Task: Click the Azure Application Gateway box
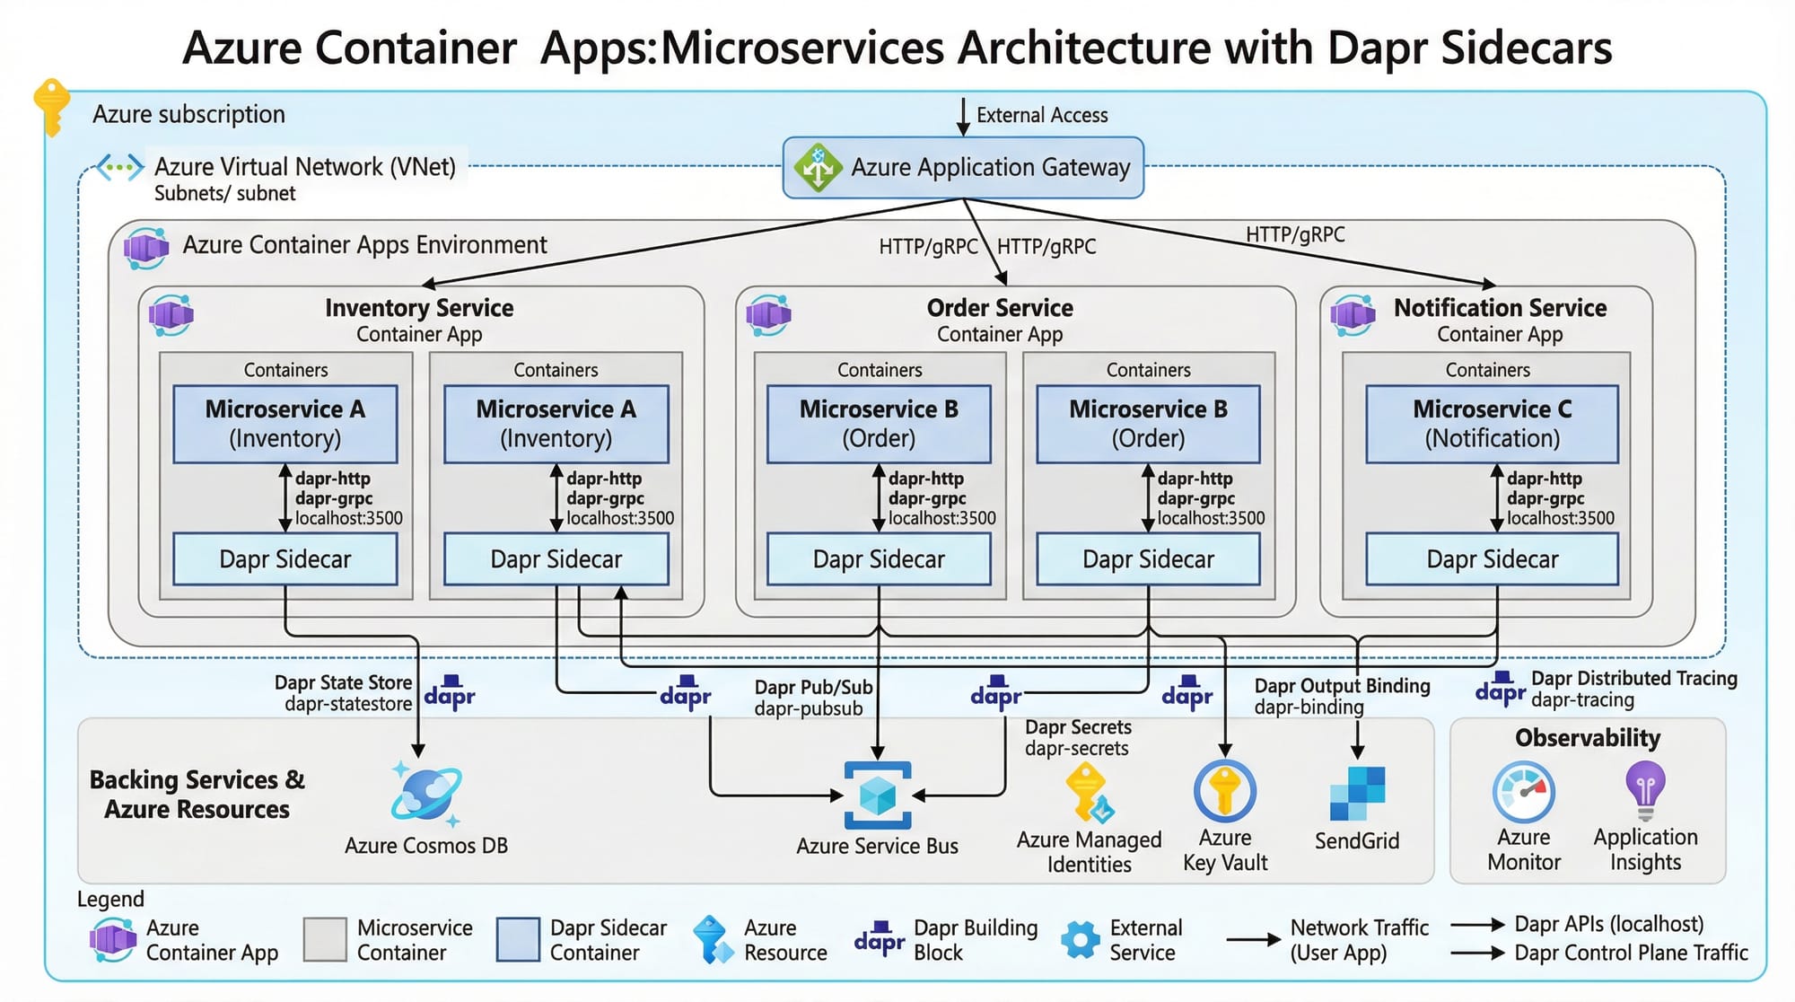point(963,167)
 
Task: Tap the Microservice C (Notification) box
point(1492,424)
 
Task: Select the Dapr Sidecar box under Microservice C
point(1492,558)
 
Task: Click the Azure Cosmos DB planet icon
point(426,794)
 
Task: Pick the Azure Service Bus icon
point(877,795)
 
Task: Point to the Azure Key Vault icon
point(1224,791)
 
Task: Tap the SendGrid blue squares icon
point(1357,794)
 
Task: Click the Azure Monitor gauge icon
point(1523,792)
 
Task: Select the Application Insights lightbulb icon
point(1644,789)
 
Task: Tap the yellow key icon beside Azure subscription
point(51,106)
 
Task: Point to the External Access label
point(1041,115)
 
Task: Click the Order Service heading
point(999,308)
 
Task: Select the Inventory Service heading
point(419,308)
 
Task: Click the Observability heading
point(1587,738)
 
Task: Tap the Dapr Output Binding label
point(1341,686)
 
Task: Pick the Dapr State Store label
point(343,682)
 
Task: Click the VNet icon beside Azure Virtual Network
point(120,167)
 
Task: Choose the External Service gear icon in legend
point(1080,939)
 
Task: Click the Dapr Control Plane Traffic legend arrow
point(1477,953)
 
